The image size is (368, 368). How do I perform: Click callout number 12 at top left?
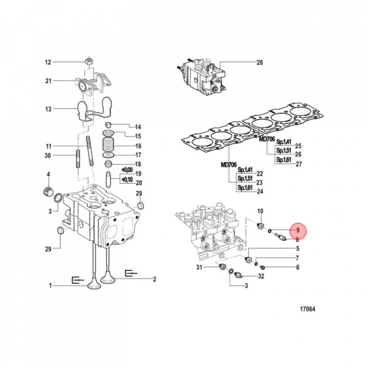pos(48,62)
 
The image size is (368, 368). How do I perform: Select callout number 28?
pos(259,62)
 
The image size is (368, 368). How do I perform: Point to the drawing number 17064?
pos(307,309)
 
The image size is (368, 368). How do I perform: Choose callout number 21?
pos(48,81)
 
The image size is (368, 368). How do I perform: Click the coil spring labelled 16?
pos(108,146)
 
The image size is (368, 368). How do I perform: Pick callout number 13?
pos(48,109)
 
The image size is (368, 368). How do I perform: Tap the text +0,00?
pos(126,170)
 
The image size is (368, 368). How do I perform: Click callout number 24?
pos(260,192)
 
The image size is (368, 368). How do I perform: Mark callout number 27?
pos(299,164)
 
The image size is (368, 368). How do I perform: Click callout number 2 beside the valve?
pos(154,279)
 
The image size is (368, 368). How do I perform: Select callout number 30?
pos(48,155)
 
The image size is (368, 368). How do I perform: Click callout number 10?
pos(260,211)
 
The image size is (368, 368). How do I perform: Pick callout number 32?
pos(261,277)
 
